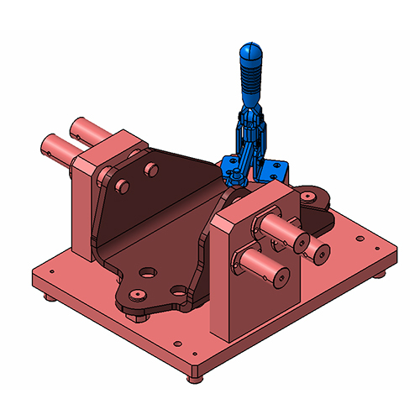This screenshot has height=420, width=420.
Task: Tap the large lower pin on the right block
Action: tap(262, 265)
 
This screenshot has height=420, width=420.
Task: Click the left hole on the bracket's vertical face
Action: tap(123, 183)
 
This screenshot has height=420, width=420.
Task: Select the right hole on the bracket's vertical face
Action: tap(151, 170)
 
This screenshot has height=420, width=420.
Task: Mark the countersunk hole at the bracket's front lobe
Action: tap(136, 296)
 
